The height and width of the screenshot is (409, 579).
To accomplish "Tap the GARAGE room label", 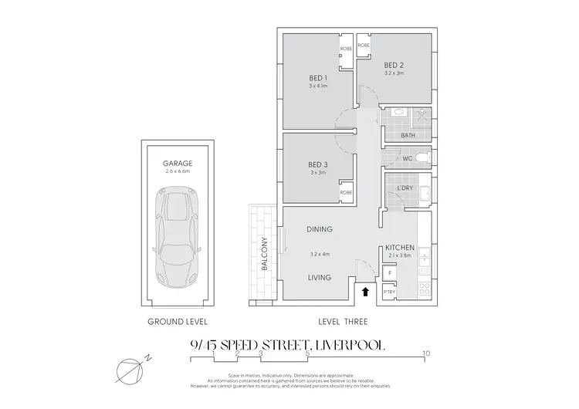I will tap(177, 163).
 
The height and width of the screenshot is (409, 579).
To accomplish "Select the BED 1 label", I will tap(318, 77).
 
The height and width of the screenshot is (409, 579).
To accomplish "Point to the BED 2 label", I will tap(394, 65).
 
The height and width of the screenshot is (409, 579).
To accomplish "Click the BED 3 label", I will tap(317, 164).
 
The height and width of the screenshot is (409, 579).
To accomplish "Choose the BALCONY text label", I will tap(264, 253).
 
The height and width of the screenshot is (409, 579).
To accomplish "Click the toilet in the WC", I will tap(422, 158).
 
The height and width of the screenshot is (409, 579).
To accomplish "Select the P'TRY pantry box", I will tap(389, 292).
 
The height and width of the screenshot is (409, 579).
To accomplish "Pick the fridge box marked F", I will tap(390, 273).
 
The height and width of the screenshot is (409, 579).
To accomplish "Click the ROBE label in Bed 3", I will tap(346, 192).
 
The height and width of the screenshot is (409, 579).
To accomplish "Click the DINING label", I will tap(319, 229).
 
